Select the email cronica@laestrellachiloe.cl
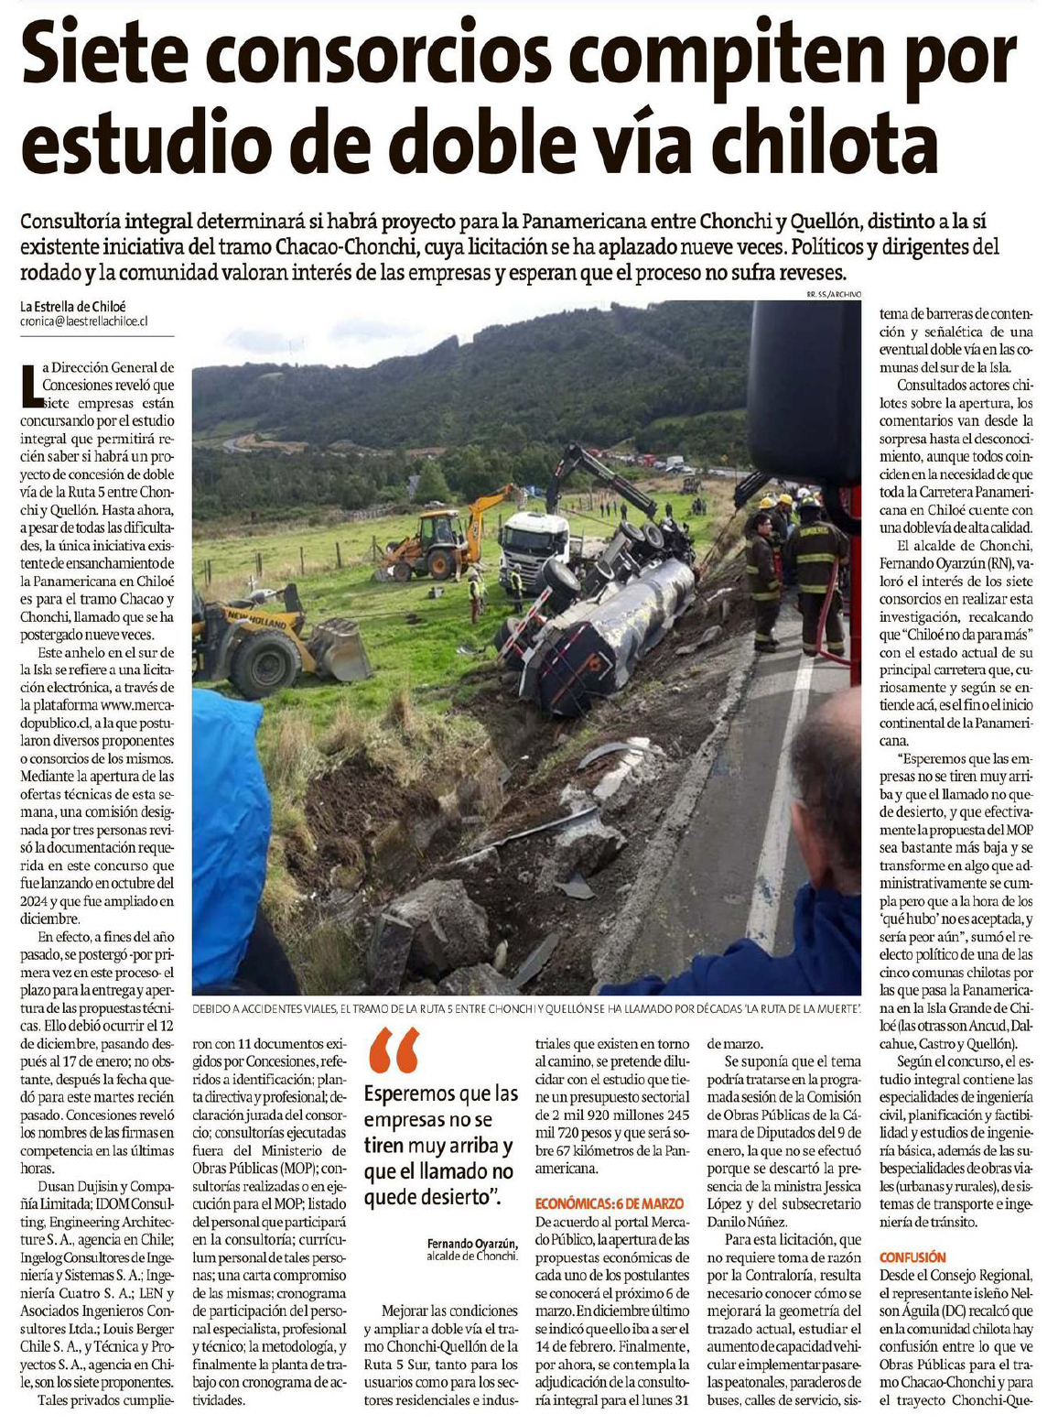point(83,321)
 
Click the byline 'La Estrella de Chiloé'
point(73,306)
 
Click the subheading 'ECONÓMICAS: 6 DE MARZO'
point(609,1203)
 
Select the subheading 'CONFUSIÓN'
point(912,1257)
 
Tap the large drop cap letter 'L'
point(31,384)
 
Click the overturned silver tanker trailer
point(604,632)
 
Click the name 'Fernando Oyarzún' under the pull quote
point(471,1243)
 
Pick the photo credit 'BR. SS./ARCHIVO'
point(833,295)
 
